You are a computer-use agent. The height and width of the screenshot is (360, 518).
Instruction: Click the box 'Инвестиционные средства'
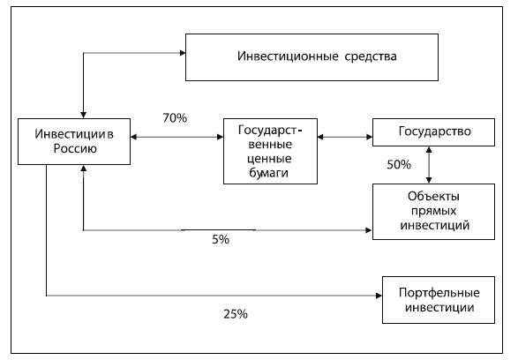tap(312, 57)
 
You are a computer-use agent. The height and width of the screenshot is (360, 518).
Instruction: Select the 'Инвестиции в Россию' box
tap(74, 141)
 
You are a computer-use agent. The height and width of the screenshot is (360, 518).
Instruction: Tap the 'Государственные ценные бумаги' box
tap(270, 151)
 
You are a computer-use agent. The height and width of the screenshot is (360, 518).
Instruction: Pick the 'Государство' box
tap(433, 132)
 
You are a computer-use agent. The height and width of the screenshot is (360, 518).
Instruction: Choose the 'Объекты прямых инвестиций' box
tap(433, 212)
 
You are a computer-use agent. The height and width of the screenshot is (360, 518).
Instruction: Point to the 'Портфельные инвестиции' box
tap(439, 300)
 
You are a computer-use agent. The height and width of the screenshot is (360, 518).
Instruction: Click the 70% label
tap(175, 118)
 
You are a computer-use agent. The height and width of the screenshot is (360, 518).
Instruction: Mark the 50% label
tap(399, 164)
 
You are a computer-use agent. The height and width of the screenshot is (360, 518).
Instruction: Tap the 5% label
tap(221, 239)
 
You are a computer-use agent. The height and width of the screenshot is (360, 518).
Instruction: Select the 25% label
tap(236, 314)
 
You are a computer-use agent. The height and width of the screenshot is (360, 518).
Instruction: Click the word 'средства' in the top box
tap(371, 56)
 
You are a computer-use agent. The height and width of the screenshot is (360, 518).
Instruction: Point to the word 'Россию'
tap(75, 148)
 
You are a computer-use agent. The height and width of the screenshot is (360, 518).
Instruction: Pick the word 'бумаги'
tap(268, 173)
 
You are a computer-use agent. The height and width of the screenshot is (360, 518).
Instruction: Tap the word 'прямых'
tap(434, 211)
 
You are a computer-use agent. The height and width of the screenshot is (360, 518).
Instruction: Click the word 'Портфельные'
tap(439, 293)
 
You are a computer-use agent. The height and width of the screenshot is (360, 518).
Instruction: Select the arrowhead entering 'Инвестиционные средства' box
tap(183, 53)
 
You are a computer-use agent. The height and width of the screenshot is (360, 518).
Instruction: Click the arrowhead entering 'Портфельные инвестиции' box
tap(379, 296)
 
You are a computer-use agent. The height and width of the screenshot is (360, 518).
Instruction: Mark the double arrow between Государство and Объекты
tap(429, 165)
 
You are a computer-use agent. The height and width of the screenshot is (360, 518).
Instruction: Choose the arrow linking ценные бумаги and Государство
tap(345, 137)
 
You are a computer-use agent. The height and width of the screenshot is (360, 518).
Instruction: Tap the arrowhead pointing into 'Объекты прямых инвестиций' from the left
tap(369, 230)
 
